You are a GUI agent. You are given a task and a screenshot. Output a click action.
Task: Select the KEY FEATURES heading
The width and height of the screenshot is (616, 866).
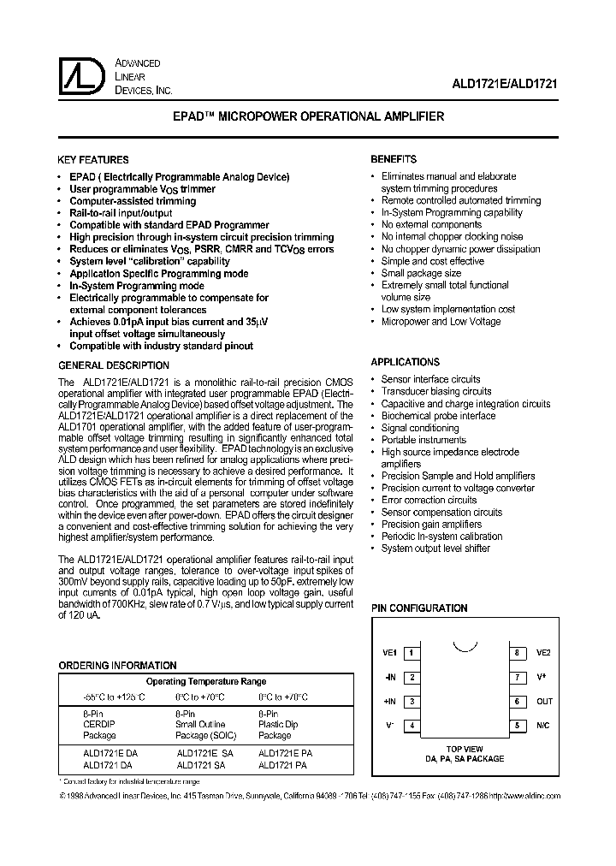[x=92, y=160]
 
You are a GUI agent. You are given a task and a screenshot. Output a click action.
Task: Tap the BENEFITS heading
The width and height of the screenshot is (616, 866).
[x=394, y=159]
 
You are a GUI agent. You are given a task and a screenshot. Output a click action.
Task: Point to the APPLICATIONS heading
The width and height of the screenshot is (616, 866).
[x=405, y=362]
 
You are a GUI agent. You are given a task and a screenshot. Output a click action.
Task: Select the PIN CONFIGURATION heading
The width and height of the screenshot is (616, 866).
[x=418, y=608]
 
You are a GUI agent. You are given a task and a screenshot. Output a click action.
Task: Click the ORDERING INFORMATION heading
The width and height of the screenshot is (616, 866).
[x=117, y=665]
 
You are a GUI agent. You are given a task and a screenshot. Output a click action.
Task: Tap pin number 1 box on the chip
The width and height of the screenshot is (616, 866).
[x=412, y=653]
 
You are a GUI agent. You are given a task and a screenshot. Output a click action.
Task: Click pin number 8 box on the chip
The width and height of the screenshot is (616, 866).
[x=517, y=653]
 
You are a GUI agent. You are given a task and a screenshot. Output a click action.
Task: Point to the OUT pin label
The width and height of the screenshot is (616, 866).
[x=545, y=702]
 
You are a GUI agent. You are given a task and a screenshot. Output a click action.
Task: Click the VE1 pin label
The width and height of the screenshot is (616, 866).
[x=390, y=653]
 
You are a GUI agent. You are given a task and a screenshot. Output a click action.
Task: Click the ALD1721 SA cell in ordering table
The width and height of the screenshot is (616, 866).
[x=200, y=765]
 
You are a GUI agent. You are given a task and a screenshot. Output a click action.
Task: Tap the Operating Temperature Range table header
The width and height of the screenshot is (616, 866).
[x=206, y=682]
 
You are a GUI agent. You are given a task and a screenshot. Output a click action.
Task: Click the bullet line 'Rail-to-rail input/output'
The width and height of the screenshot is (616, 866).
[x=121, y=213]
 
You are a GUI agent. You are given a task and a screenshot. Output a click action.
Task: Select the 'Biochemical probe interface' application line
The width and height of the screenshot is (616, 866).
[x=438, y=416]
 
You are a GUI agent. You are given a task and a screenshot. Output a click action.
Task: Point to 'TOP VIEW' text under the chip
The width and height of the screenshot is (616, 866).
[x=465, y=749]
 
